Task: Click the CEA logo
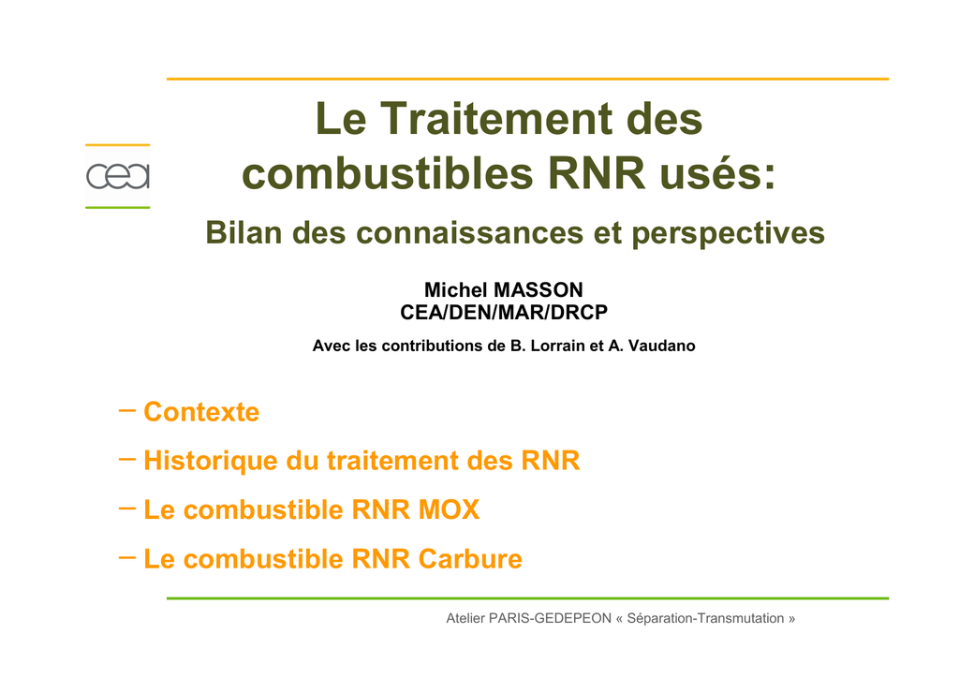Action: click(x=117, y=176)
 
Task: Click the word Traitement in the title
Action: click(x=496, y=119)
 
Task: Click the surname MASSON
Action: click(x=539, y=289)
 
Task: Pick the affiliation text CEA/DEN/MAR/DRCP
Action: click(x=504, y=313)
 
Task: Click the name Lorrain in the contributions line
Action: click(x=557, y=346)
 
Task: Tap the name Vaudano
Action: click(x=661, y=346)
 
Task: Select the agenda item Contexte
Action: click(x=201, y=412)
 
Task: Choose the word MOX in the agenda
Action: click(x=449, y=509)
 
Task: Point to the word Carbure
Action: click(x=470, y=559)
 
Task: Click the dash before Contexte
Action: click(x=126, y=410)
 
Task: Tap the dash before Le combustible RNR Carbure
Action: click(x=126, y=557)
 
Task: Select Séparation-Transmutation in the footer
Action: click(x=706, y=619)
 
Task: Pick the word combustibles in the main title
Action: click(x=388, y=173)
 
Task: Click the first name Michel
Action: click(x=456, y=289)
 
